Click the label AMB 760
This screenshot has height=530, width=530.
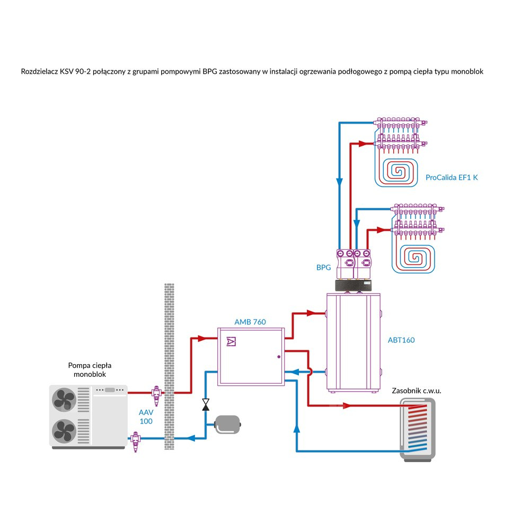tap(250, 322)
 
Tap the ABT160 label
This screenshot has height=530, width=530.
tap(401, 340)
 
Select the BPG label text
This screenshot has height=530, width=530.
tap(323, 268)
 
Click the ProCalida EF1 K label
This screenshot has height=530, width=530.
tap(452, 178)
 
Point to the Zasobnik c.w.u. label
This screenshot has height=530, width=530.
tap(417, 391)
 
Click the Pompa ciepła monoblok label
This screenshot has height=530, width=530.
tap(91, 370)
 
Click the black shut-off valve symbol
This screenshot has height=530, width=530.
tap(205, 404)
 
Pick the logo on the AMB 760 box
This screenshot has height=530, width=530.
tap(231, 341)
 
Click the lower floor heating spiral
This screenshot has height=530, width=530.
tap(416, 257)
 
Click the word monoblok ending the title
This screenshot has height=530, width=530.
tap(466, 71)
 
